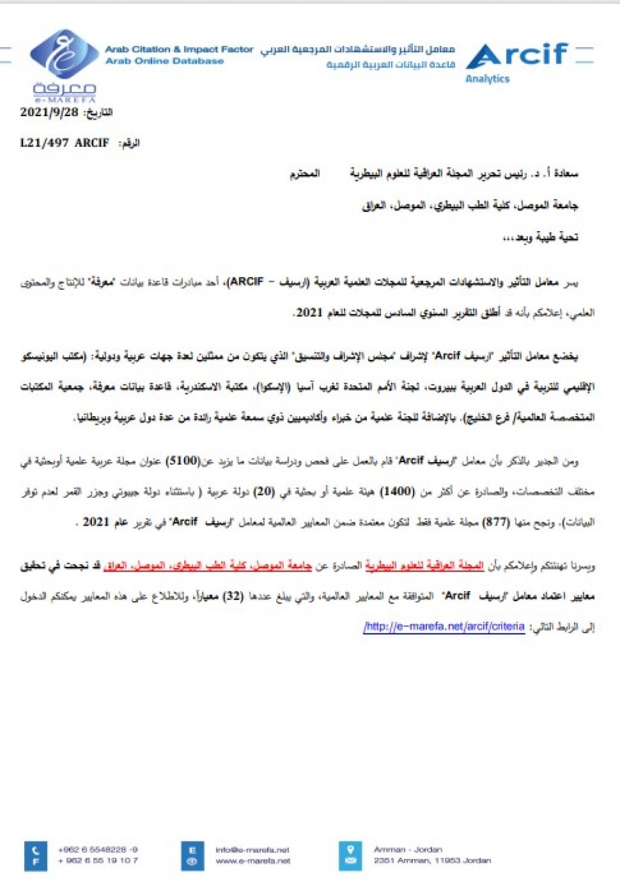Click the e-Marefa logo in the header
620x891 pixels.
63,64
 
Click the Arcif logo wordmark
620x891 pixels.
518,56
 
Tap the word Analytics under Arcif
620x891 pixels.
487,79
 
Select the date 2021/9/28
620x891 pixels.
50,112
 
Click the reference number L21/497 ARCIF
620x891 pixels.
64,143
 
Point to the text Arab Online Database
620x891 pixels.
164,61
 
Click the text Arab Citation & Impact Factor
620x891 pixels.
179,49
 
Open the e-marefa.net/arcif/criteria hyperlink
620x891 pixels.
444,627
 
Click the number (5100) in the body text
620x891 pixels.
182,461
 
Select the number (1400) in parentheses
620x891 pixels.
397,491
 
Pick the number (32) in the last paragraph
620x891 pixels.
232,596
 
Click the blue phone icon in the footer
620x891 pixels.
36,850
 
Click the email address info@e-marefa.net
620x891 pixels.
252,850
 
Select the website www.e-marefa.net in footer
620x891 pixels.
252,861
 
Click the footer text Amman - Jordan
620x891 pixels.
407,850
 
